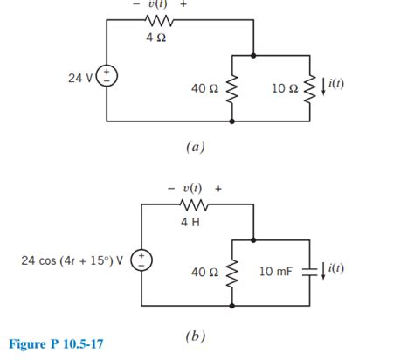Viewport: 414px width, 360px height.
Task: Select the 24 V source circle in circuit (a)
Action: tap(107, 78)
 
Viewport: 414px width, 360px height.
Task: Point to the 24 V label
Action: tap(81, 78)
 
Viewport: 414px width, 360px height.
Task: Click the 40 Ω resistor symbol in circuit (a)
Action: tap(232, 87)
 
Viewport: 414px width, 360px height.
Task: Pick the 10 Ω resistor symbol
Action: tap(309, 87)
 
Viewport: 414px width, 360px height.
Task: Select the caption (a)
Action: tap(194, 148)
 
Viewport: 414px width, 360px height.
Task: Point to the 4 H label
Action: tap(190, 222)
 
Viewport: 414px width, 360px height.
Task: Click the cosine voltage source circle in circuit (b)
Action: tap(143, 259)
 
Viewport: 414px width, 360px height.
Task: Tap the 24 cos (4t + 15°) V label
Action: tap(72, 259)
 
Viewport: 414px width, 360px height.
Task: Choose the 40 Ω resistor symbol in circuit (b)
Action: tap(232, 273)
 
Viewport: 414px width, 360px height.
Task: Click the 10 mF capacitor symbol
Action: tap(309, 272)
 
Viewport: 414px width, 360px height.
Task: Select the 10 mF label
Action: tap(278, 273)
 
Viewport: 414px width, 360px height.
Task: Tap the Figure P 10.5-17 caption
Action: tap(54, 344)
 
